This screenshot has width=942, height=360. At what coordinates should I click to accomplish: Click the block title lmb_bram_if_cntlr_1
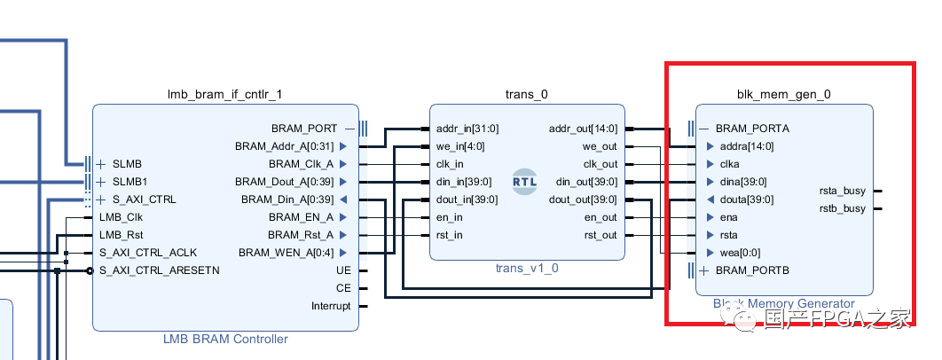coord(225,94)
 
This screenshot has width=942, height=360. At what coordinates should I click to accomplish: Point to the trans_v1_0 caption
coord(527,268)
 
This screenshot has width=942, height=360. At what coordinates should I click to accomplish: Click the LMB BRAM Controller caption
coord(225,339)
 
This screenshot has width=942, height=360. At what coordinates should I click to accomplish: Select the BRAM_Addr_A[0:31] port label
coord(284,146)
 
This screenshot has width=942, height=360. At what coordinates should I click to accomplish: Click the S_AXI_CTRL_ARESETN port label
coord(160,270)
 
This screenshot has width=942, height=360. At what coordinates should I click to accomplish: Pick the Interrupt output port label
coord(331,306)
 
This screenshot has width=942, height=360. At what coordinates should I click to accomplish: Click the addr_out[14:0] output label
coord(584,129)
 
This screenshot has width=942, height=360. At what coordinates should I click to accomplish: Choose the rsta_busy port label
coord(842,191)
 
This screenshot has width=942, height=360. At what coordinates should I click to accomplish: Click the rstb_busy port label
coord(842,208)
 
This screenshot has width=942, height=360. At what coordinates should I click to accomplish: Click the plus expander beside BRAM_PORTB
coord(704,270)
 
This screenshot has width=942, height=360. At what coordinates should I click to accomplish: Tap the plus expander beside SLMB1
coord(101,182)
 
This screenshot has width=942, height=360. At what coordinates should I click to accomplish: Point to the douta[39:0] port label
coord(746,200)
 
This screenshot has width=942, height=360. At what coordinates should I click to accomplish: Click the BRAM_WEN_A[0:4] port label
coord(286,253)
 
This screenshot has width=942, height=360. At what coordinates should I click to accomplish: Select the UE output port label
coord(343,270)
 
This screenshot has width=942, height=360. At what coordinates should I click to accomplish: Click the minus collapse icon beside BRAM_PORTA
coord(704,129)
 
